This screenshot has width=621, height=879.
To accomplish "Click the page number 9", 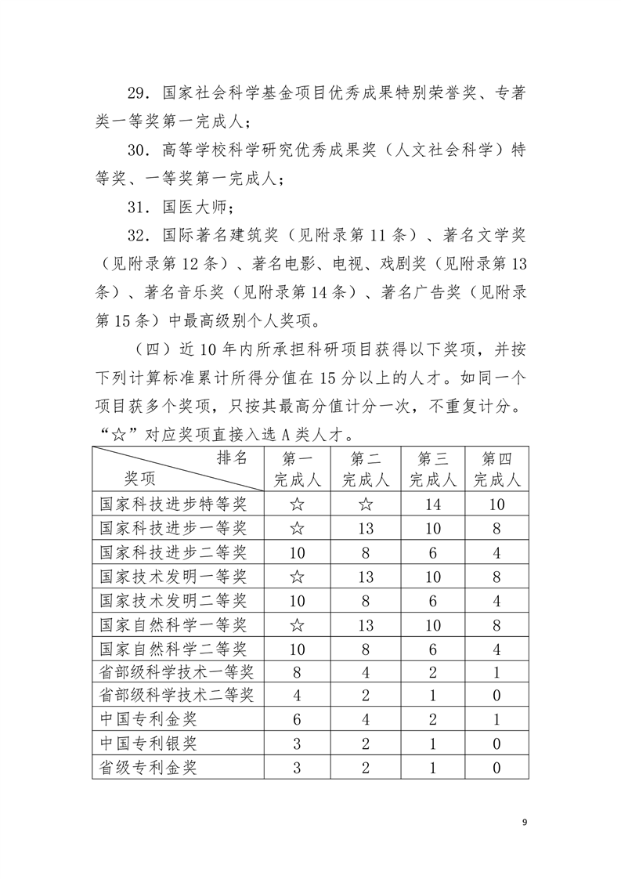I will [x=525, y=822].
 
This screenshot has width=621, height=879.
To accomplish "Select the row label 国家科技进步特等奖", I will [x=173, y=505].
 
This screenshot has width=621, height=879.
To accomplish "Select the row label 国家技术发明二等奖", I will [x=173, y=600].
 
